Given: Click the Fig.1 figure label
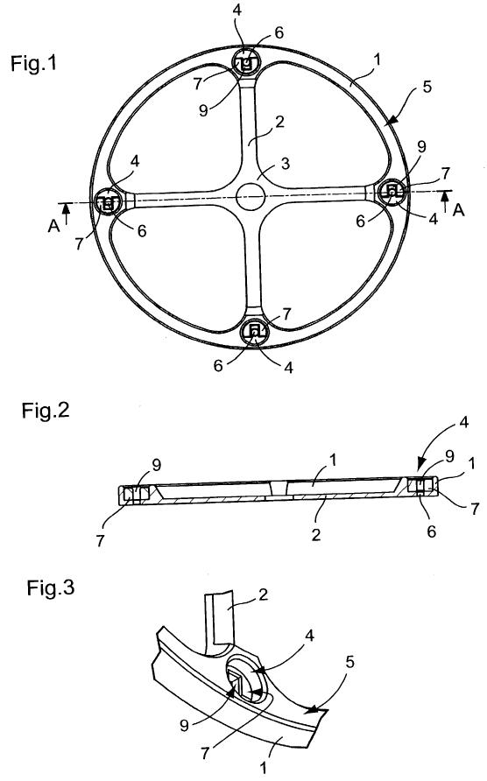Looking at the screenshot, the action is (x=34, y=64).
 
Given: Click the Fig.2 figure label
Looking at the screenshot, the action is (x=46, y=411).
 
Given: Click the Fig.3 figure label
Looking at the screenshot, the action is (x=50, y=588).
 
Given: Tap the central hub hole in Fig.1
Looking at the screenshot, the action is (x=251, y=196).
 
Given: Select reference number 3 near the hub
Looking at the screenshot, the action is (x=286, y=164).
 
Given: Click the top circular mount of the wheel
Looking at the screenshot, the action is (x=247, y=63).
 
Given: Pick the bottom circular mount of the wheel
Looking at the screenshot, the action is (x=255, y=331).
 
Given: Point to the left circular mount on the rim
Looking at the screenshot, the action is (x=108, y=201).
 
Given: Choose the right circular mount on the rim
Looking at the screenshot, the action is (x=392, y=191).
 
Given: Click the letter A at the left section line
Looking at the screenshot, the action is (x=53, y=226).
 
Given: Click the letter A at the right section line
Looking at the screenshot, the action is (x=458, y=211).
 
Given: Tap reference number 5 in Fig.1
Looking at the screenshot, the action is (x=427, y=87).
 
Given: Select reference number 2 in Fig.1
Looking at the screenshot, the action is (x=279, y=121).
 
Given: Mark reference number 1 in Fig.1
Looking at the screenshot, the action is (x=377, y=60).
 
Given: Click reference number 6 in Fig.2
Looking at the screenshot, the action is (x=432, y=531).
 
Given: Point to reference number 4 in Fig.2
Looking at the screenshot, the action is (x=463, y=423).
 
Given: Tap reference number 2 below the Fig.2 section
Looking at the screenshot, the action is (x=316, y=534).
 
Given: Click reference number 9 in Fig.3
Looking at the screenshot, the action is (x=185, y=725).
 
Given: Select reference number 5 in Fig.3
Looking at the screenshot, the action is (x=349, y=662).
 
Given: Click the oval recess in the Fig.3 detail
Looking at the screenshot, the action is (x=245, y=679).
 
